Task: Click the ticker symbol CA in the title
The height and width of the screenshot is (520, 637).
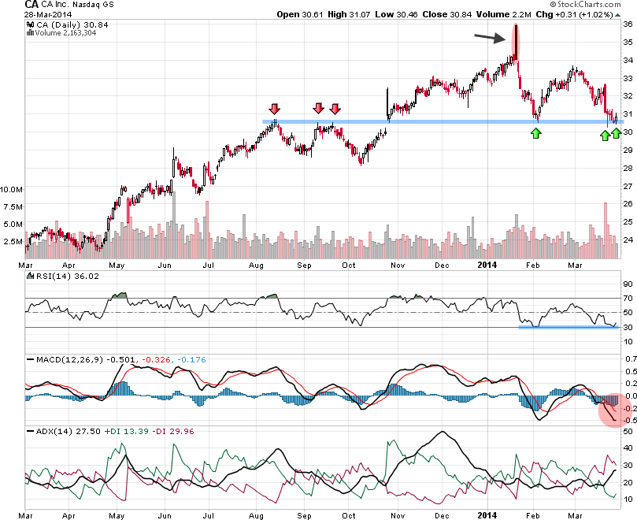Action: [11, 5]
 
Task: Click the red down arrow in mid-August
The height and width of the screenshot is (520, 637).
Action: [274, 109]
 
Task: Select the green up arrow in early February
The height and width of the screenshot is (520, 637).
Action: [536, 133]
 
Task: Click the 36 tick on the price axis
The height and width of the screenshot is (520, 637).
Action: [628, 24]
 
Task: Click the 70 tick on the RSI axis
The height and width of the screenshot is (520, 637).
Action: [629, 299]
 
